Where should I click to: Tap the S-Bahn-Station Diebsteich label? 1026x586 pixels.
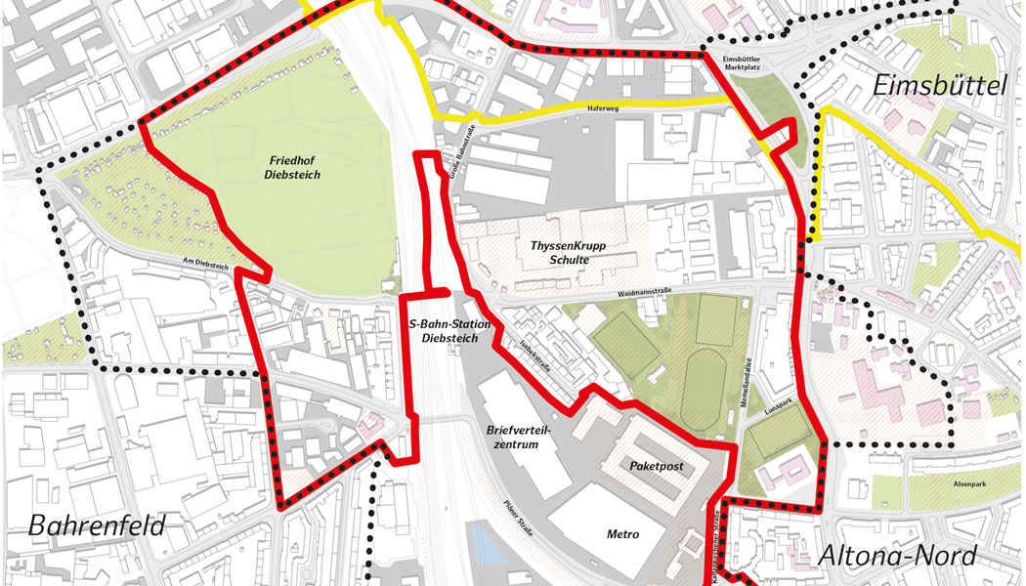click(x=443, y=330)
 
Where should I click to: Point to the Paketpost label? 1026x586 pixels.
click(x=655, y=467)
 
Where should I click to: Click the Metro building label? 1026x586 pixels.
click(x=622, y=534)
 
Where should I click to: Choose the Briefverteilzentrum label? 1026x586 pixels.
click(x=513, y=437)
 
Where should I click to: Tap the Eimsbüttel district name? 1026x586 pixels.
click(x=938, y=86)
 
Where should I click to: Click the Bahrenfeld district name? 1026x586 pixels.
click(x=98, y=525)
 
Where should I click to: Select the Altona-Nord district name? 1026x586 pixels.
click(x=896, y=556)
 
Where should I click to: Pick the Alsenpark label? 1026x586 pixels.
click(x=958, y=481)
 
